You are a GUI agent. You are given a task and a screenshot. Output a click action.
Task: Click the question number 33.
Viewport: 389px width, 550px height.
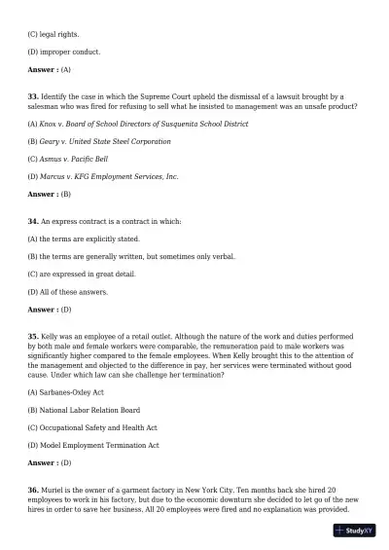32,96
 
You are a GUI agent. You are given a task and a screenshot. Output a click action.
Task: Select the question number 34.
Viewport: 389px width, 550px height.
32,221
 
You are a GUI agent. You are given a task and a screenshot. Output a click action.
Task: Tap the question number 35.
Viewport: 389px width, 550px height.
32,335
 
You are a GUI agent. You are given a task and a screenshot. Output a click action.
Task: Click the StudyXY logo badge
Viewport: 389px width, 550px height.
355,531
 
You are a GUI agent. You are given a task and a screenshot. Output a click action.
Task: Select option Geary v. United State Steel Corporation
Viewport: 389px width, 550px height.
98,141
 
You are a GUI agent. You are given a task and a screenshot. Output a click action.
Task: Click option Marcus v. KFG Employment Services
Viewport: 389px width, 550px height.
103,176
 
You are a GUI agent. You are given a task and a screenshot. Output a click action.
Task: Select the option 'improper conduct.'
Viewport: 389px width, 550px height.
63,53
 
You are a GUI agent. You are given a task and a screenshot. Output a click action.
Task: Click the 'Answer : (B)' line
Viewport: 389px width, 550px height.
49,194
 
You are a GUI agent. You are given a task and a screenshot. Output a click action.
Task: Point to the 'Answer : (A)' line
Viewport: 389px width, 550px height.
49,70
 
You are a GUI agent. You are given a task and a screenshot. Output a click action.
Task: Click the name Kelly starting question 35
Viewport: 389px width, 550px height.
49,335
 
